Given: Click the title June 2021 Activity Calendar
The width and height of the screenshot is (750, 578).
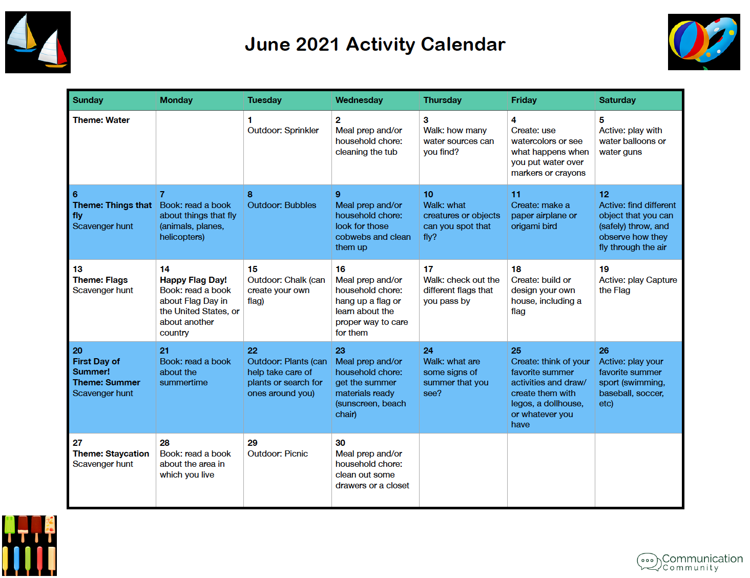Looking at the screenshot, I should (x=375, y=45).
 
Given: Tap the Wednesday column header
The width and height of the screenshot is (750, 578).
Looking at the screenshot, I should (x=359, y=100).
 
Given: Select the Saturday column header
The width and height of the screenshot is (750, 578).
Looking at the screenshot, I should (x=617, y=100).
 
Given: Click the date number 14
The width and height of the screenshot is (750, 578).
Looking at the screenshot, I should (x=164, y=269).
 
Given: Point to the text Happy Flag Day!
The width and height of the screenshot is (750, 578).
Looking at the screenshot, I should (x=193, y=280).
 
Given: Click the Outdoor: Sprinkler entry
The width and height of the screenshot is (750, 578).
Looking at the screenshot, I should (x=283, y=131).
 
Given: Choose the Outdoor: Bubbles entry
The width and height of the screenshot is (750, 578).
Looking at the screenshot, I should (x=282, y=205).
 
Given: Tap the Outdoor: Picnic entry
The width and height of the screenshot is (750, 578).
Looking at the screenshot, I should (x=278, y=453).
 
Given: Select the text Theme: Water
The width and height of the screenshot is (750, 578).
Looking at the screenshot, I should (x=101, y=120).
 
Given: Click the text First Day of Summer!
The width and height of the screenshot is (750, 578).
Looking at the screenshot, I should (x=96, y=366).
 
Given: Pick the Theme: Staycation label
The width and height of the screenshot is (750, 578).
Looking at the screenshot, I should (x=111, y=453).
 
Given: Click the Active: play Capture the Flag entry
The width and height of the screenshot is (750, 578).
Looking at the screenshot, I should (x=637, y=285).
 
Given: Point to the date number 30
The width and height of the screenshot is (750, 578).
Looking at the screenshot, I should (x=340, y=443).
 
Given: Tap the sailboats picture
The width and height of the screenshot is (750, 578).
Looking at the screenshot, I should (x=38, y=42).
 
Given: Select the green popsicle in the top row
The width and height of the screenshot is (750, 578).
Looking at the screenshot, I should (x=9, y=527).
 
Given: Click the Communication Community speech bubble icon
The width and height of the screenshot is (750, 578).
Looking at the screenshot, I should (x=648, y=561).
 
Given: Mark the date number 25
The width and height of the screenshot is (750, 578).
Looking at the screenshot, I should (x=516, y=350).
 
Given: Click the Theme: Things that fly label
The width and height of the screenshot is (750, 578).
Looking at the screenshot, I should (x=112, y=210).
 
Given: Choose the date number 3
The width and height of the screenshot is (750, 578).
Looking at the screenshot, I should (x=426, y=120).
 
